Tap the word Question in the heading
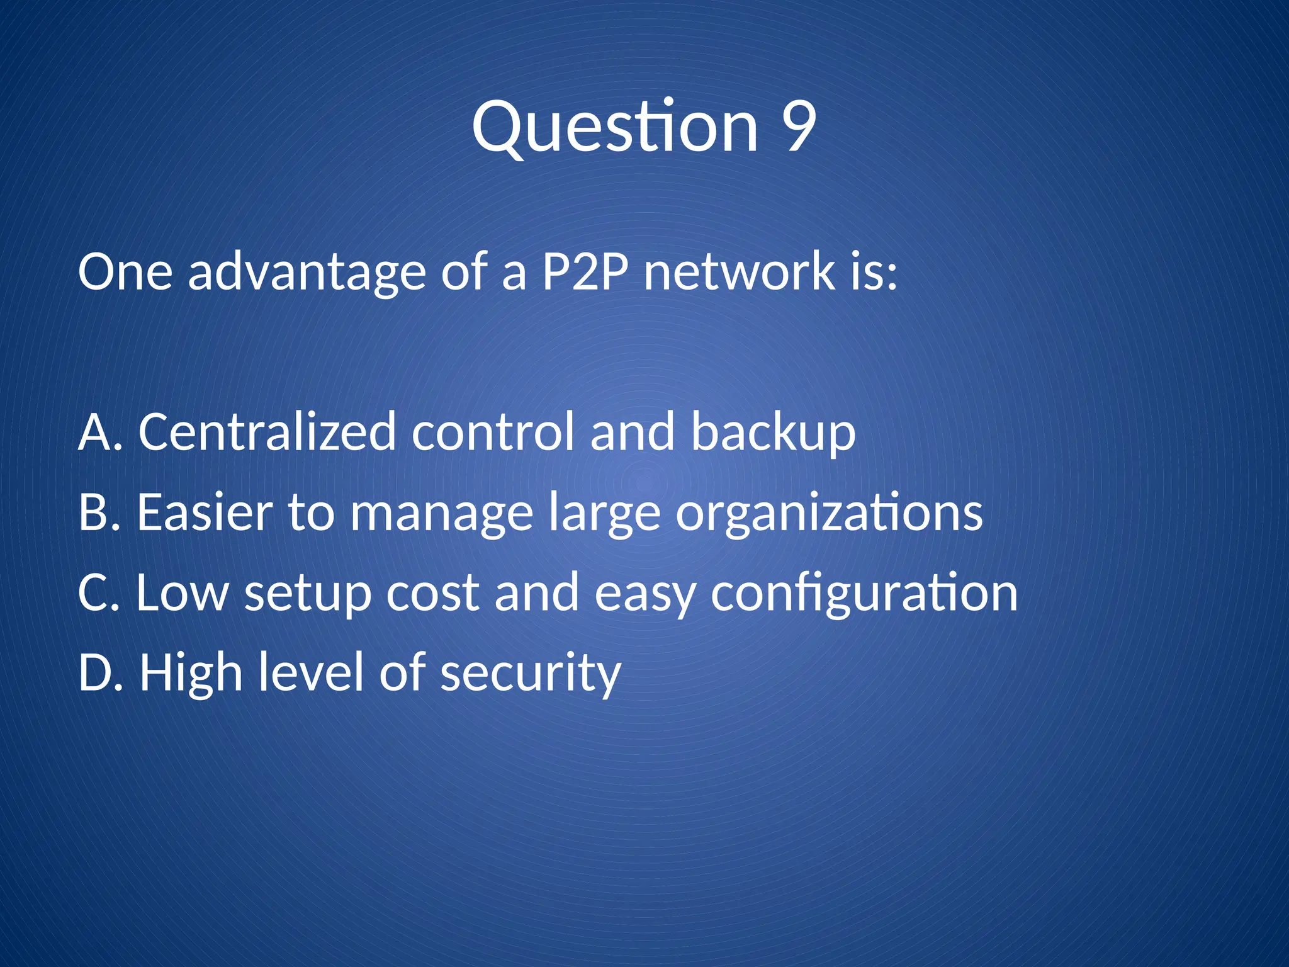coord(615,128)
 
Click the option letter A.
coord(95,432)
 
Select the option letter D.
coord(96,672)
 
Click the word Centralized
coord(267,432)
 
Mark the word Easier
coord(205,512)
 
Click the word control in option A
coord(493,432)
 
